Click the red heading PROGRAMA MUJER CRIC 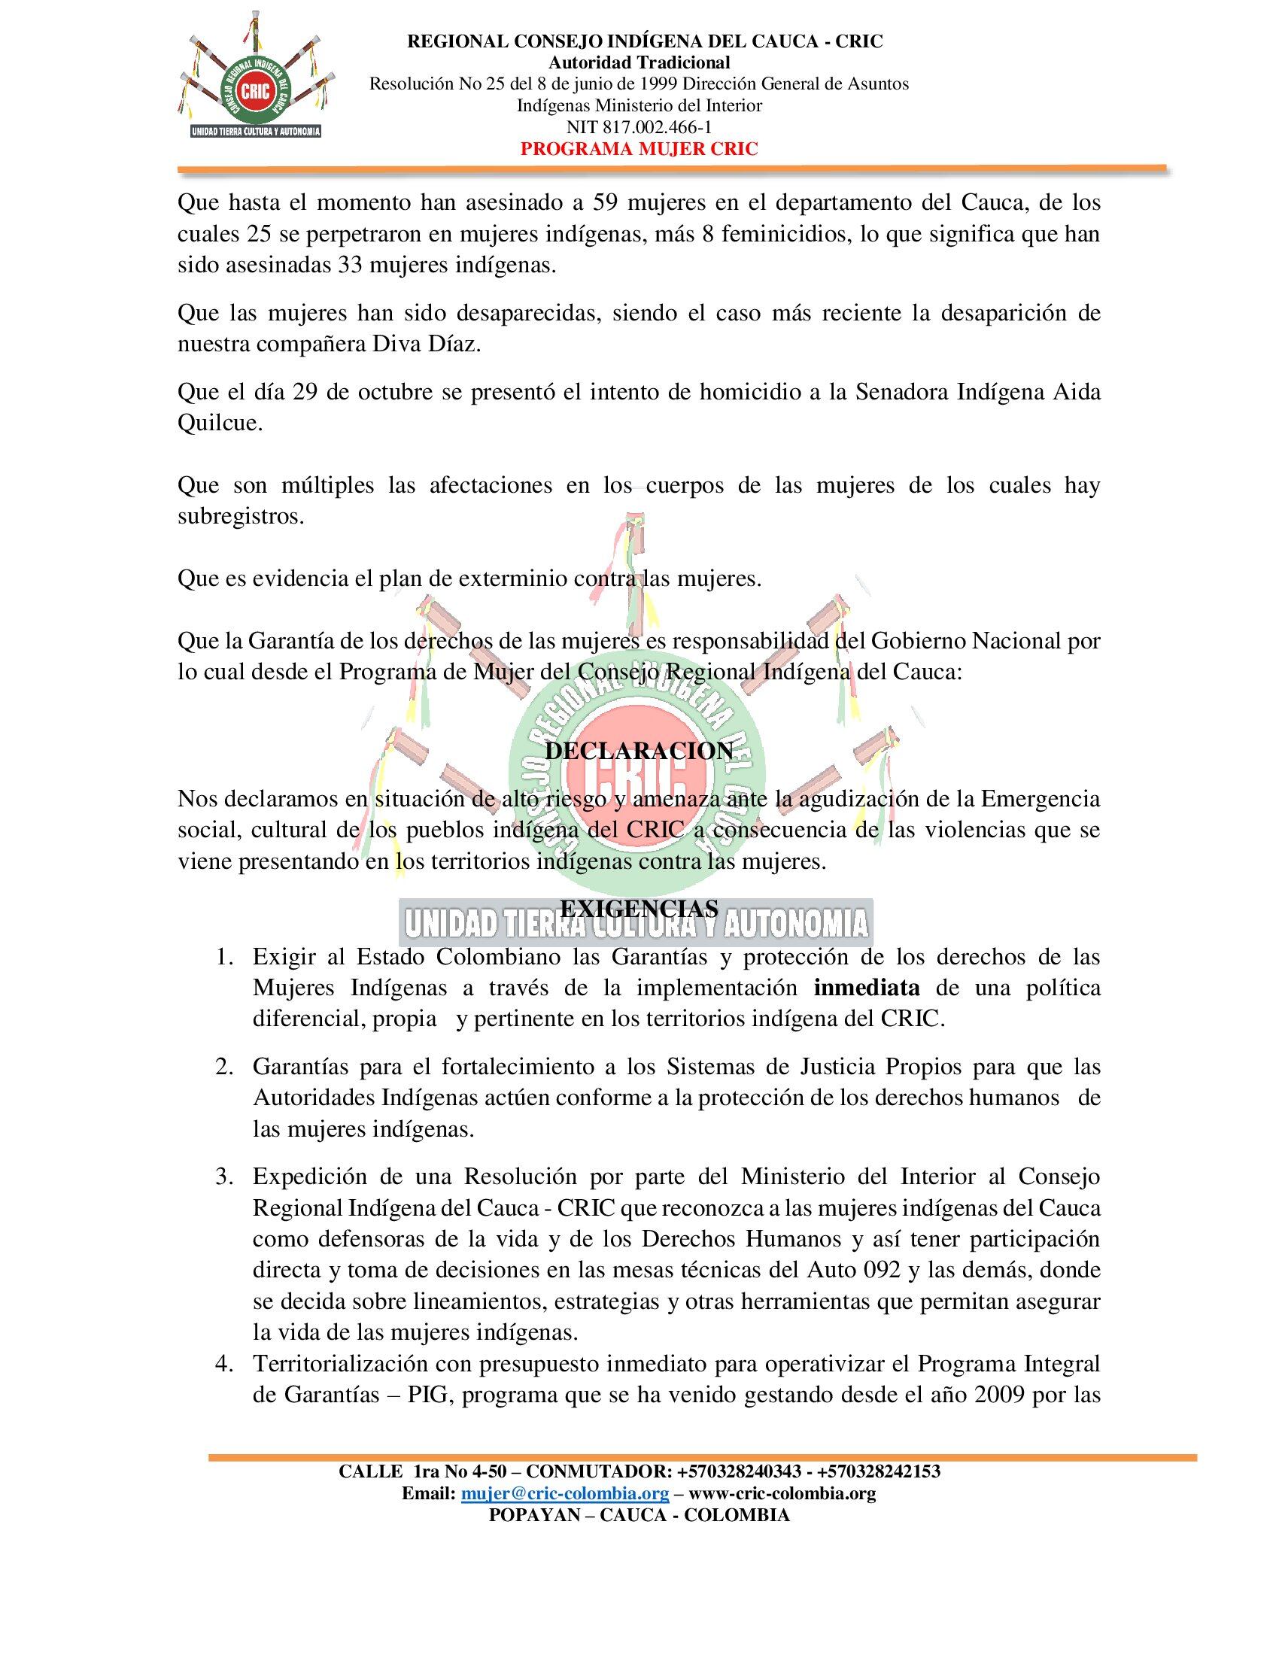[x=639, y=148]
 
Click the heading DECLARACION [x=639, y=751]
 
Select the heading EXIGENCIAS [x=639, y=908]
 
